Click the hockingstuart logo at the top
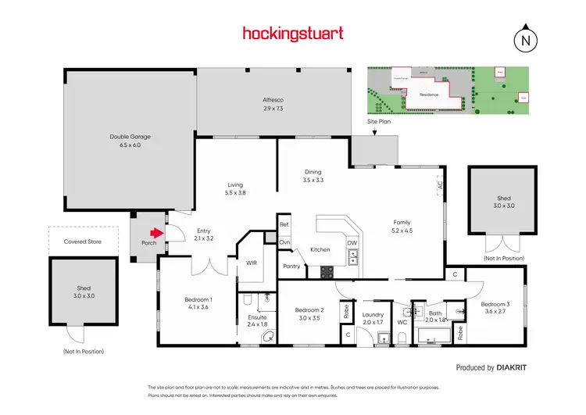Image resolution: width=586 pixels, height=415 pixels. click(292, 33)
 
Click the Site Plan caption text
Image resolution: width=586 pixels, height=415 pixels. click(379, 122)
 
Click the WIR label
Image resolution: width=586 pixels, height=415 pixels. click(252, 263)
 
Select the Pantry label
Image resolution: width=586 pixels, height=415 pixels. click(292, 267)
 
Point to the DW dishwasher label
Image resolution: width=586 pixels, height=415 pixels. click(352, 243)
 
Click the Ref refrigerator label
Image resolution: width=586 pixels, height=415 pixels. click(284, 225)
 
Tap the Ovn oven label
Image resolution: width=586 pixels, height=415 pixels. click(285, 242)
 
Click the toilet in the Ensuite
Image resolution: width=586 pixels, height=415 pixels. click(269, 335)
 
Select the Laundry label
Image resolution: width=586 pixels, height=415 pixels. click(373, 317)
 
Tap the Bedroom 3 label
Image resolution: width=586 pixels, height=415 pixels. click(495, 308)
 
